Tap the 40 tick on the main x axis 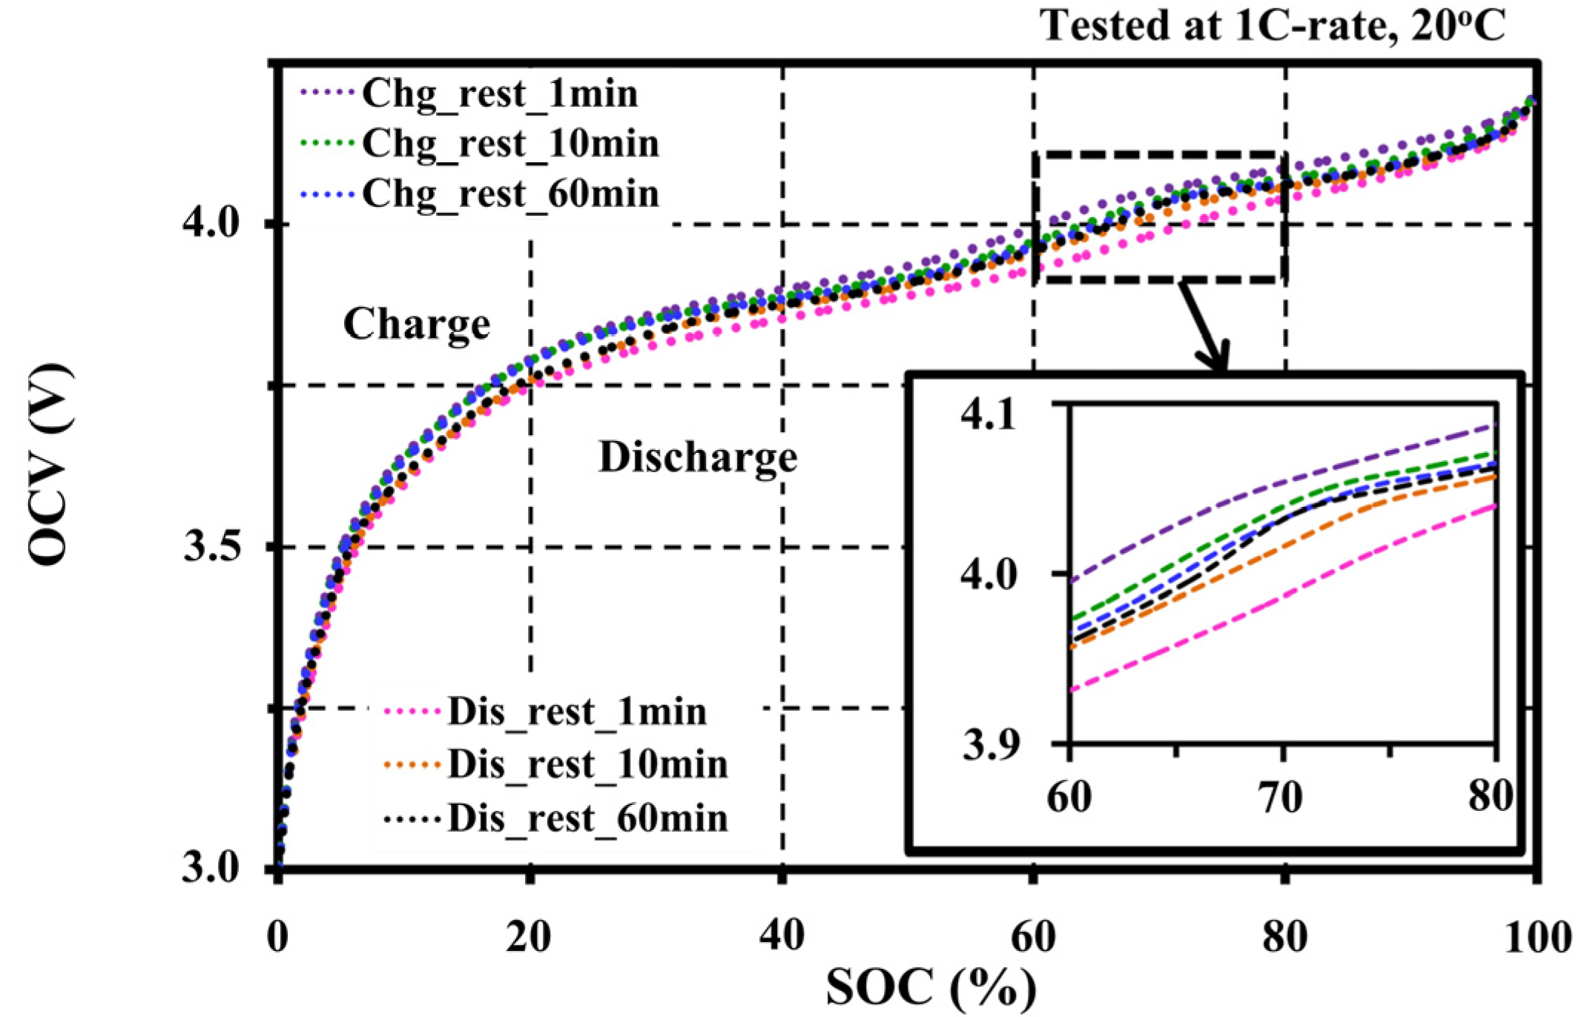782,935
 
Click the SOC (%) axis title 931,987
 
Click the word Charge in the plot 417,325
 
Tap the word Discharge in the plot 698,457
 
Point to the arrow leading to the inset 1204,326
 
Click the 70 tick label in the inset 1281,798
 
